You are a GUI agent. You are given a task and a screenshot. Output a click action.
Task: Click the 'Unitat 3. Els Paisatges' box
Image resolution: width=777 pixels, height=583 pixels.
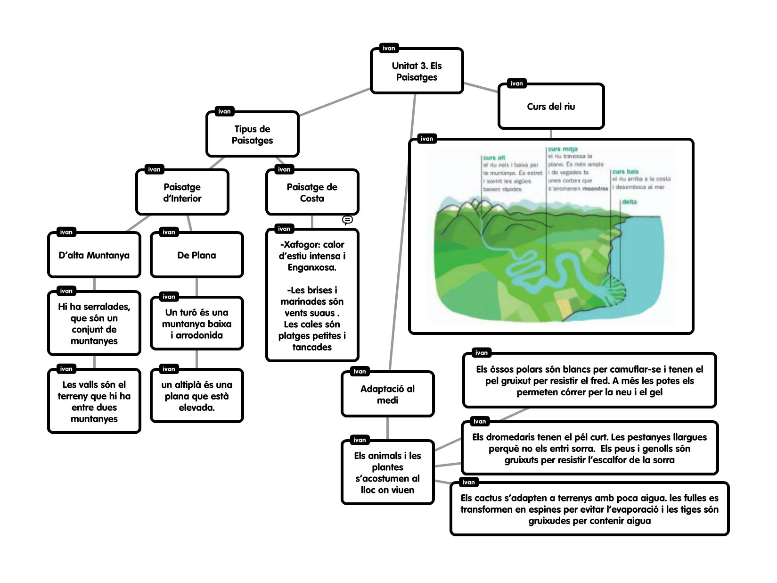[x=417, y=71]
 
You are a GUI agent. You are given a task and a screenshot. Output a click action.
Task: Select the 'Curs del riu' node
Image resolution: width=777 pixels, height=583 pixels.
[x=551, y=107]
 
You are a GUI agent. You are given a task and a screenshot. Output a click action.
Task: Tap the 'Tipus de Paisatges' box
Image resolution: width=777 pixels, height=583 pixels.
[x=252, y=134]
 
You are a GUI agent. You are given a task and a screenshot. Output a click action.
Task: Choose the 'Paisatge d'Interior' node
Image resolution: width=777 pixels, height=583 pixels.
[x=182, y=192]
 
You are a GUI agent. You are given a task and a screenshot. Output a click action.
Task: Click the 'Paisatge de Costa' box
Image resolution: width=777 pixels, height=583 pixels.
[x=312, y=192]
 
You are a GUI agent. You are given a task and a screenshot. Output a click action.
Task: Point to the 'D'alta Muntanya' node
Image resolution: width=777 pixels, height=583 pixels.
[x=94, y=255]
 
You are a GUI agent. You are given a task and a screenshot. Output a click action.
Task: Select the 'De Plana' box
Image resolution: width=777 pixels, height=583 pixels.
[x=196, y=255]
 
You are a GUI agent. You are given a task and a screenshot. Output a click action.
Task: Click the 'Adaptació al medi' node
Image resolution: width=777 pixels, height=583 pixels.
[x=387, y=394]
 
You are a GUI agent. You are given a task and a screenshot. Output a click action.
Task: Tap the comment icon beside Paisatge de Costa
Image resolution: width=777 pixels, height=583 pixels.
[x=347, y=220]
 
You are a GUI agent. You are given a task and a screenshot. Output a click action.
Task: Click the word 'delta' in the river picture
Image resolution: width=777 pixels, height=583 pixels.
[x=629, y=202]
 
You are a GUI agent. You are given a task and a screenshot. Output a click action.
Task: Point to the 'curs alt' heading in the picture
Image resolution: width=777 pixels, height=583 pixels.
[x=494, y=158]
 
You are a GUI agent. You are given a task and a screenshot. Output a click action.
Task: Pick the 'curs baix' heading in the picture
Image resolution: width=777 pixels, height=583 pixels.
[x=625, y=172]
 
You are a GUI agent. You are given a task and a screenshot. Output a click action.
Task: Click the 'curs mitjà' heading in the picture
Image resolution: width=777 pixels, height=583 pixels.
[x=563, y=149]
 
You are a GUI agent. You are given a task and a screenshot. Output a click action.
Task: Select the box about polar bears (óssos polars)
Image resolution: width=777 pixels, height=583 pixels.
[x=589, y=381]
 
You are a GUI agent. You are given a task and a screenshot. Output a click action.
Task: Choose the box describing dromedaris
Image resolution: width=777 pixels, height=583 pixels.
[x=589, y=449]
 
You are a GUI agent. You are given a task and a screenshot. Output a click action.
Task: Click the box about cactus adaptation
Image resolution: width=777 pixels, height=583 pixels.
[x=589, y=509]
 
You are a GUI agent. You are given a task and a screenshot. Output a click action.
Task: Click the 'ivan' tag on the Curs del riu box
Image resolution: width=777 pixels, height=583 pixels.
[x=516, y=83]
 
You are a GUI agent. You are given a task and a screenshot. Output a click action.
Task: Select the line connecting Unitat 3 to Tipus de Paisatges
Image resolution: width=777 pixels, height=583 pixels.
[x=335, y=102]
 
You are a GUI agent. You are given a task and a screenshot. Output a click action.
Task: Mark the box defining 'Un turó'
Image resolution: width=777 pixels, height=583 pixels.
[x=196, y=324]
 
